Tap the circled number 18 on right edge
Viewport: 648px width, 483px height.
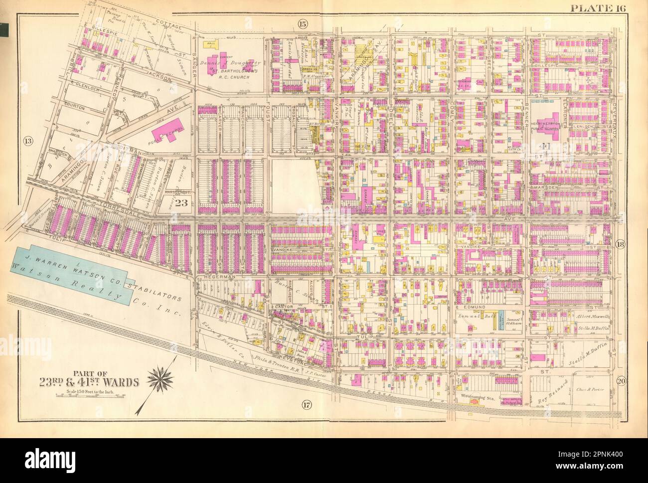620,244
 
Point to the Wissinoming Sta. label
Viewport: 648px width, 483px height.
478,398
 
